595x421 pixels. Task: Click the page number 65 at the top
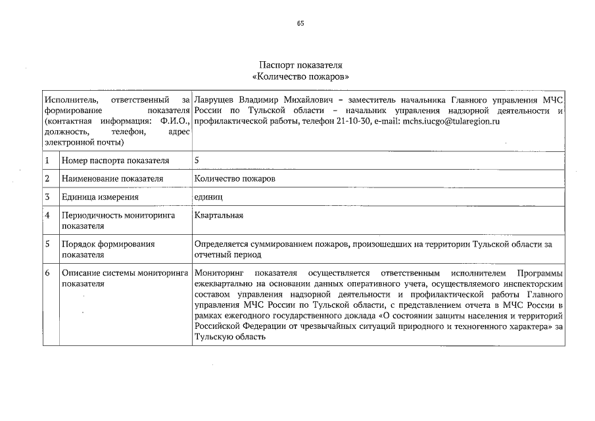point(300,23)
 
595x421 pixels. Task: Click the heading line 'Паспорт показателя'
point(300,66)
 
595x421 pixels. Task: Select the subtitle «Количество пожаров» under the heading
point(300,76)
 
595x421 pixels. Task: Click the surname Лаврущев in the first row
point(215,99)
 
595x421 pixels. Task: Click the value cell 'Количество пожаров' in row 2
point(235,179)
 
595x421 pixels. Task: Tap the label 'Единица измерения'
point(99,197)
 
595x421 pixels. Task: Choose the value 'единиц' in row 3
point(209,197)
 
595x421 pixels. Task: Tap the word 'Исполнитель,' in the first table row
point(67,99)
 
